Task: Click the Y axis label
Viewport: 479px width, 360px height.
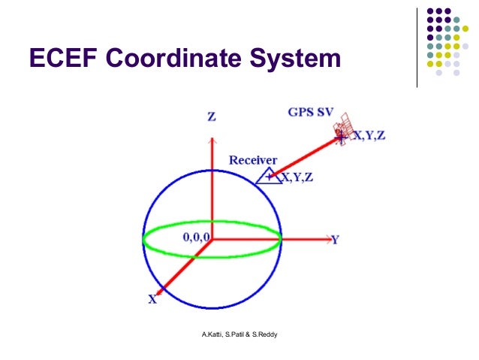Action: pyautogui.click(x=336, y=240)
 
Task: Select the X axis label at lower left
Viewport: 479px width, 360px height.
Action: pyautogui.click(x=152, y=299)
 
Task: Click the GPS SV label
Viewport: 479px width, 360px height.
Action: pyautogui.click(x=310, y=113)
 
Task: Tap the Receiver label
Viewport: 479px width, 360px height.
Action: pyautogui.click(x=253, y=160)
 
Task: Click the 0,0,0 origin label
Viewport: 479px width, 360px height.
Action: pyautogui.click(x=195, y=237)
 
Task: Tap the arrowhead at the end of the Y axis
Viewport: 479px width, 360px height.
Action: pyautogui.click(x=323, y=240)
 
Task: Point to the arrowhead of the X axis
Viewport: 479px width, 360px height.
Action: pyautogui.click(x=160, y=290)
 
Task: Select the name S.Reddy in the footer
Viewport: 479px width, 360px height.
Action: pyautogui.click(x=266, y=333)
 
